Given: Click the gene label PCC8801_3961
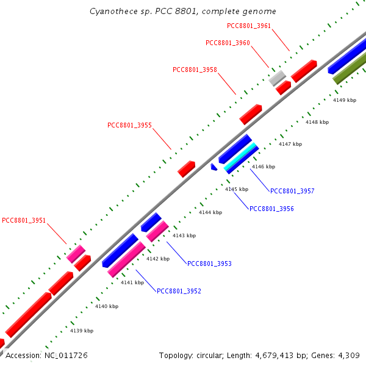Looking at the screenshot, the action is coord(249,26).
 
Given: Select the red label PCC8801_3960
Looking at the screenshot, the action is coord(228,43).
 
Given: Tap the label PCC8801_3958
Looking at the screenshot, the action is coord(195,70).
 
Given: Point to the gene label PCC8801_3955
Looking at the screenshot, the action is coord(129,125).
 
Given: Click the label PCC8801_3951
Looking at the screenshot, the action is coord(24,221).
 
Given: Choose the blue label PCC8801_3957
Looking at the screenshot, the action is coord(292,191).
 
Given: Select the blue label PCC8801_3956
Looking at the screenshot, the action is coord(271,209).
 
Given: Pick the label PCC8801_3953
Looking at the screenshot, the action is coord(209,264).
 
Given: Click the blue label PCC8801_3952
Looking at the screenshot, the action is coord(179,292).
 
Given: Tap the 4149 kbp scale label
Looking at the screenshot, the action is coord(345,101).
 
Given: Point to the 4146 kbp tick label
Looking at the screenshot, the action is coord(264,167).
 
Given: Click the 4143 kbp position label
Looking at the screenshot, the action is coord(184,235).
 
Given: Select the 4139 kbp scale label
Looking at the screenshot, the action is coord(82,331).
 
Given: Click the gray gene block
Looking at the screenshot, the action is coord(277,78).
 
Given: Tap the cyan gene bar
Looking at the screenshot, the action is coord(240,156).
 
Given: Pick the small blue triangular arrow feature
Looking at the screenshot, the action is coord(213,167).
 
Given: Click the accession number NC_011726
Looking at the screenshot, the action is coord(66,356).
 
